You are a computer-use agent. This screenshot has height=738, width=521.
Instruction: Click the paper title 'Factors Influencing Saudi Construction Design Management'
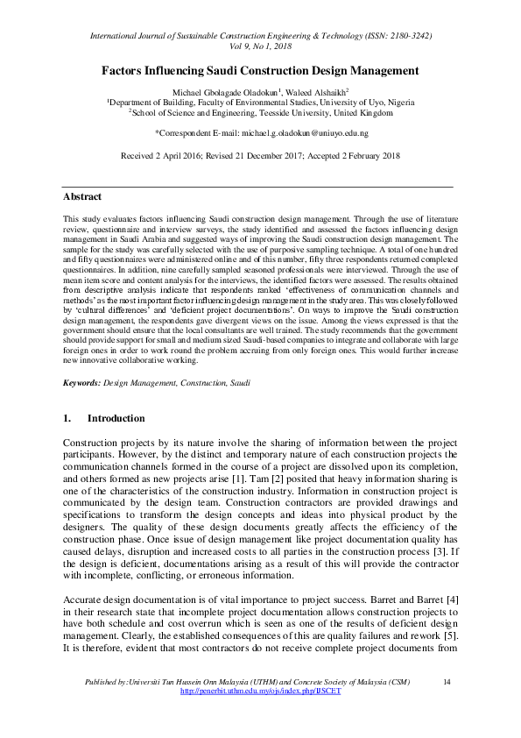click(260, 70)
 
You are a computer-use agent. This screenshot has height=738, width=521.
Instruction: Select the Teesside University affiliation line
click(260, 113)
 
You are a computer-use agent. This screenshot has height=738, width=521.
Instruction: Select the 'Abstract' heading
click(82, 197)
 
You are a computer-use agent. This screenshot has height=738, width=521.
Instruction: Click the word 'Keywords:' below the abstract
click(82, 408)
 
